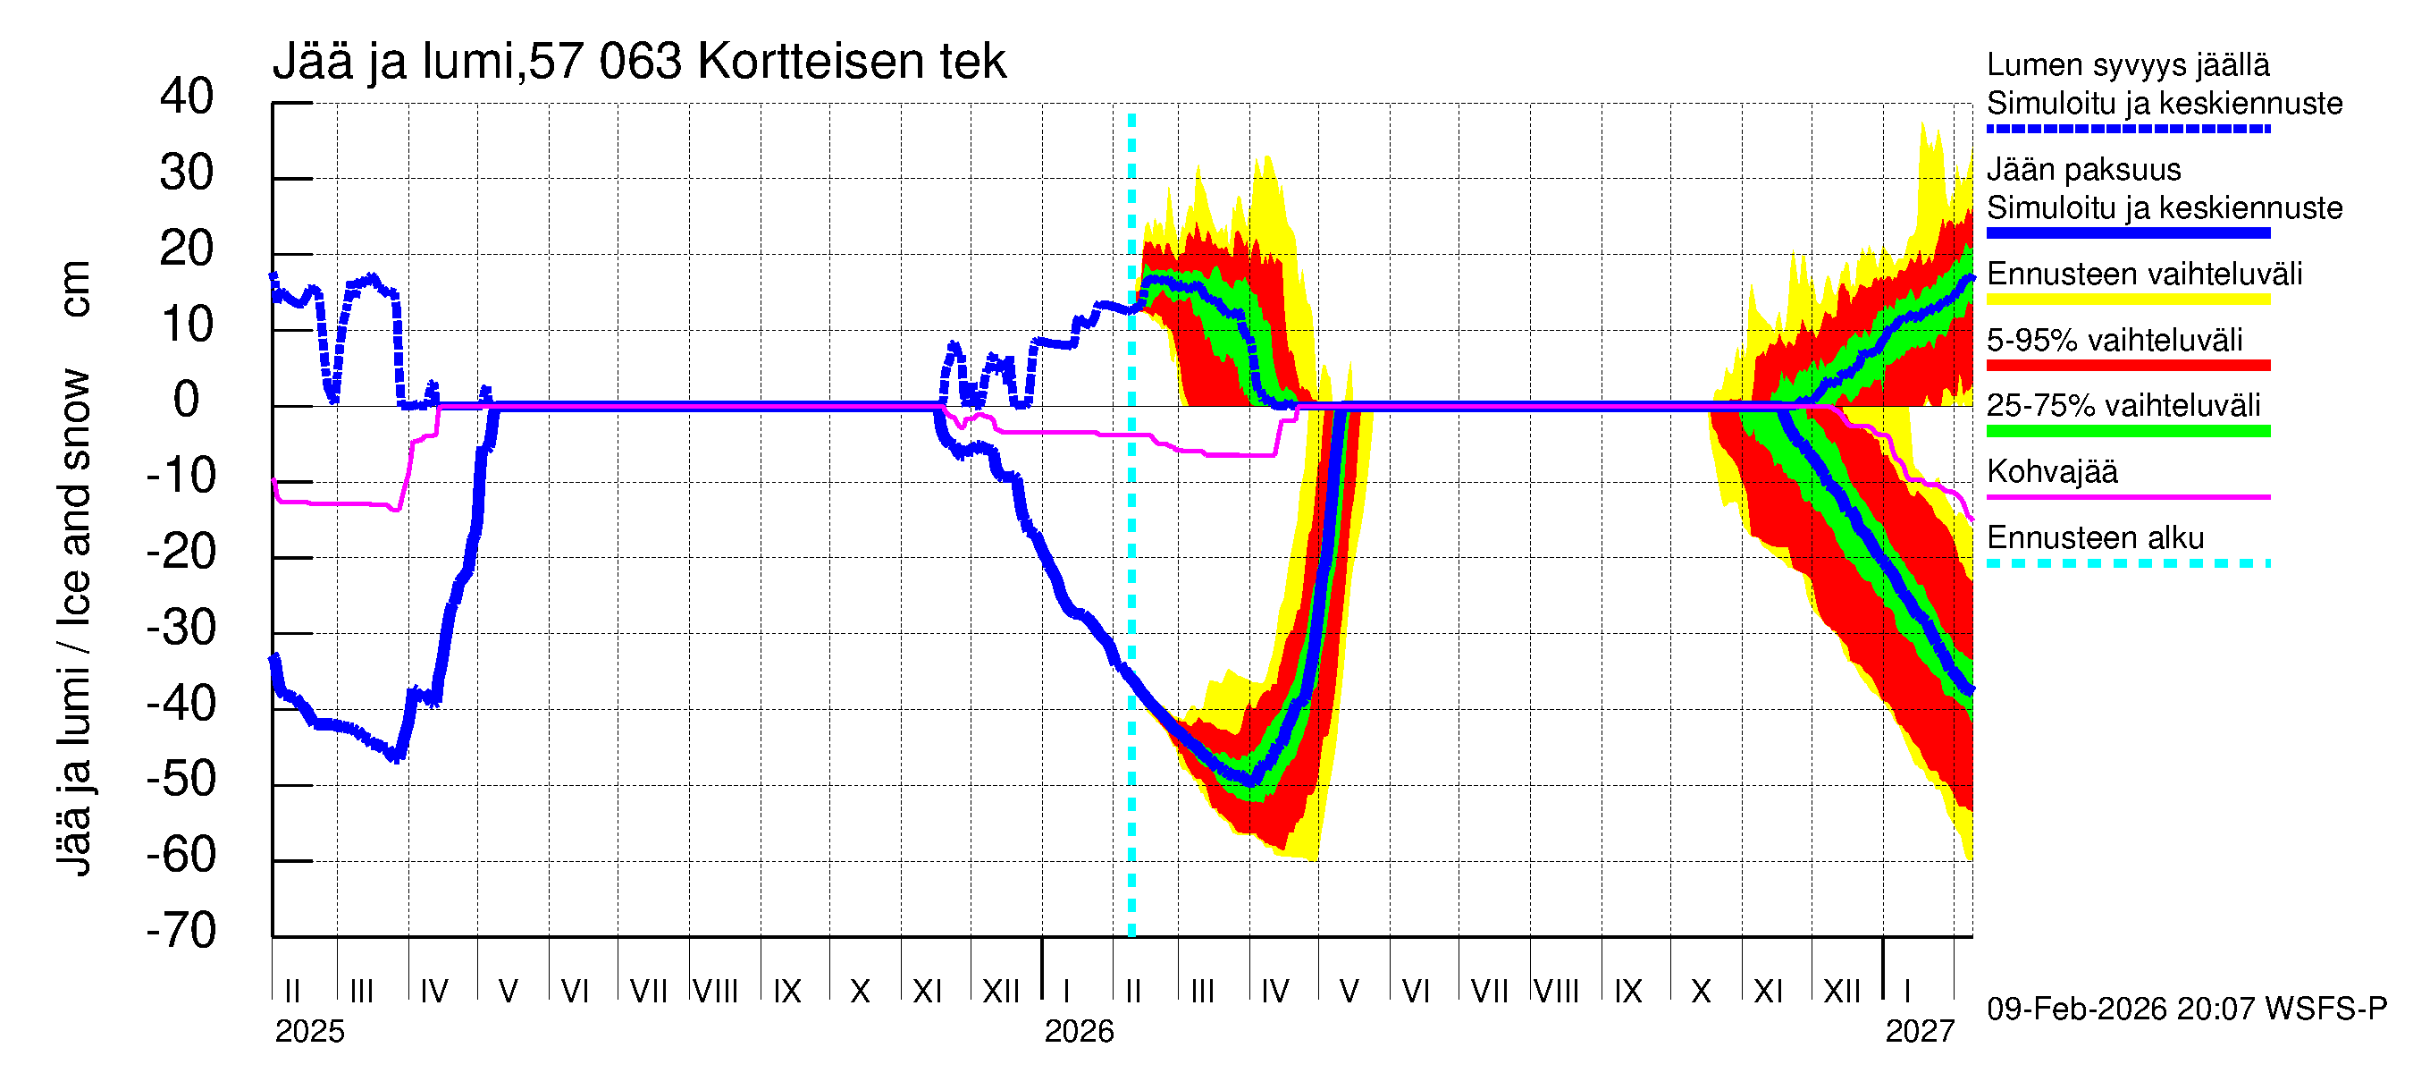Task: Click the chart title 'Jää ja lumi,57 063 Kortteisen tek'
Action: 639,62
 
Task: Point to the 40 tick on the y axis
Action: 187,97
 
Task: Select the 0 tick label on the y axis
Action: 187,401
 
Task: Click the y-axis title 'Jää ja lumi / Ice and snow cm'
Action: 74,568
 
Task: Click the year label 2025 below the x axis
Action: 309,1032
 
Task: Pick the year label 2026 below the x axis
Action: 1079,1032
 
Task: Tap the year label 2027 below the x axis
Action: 1920,1032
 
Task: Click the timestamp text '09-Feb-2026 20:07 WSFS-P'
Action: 2186,1010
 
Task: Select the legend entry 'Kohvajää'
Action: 2051,472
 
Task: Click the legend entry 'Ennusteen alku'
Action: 2095,538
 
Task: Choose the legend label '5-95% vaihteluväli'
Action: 2115,340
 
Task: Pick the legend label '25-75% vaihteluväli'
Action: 2123,406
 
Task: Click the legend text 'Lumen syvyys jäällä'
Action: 2127,65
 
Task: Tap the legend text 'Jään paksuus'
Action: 2083,170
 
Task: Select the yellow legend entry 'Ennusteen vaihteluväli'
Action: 2144,275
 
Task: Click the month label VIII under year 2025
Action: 715,991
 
